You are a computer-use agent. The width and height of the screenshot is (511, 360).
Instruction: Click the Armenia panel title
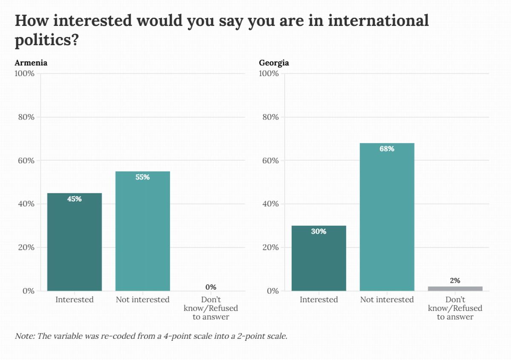click(x=31, y=63)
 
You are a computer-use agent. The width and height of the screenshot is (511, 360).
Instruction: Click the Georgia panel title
click(x=274, y=63)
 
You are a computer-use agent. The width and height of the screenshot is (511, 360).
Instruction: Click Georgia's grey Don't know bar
click(x=455, y=289)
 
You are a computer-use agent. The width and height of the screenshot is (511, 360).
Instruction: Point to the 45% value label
click(x=75, y=199)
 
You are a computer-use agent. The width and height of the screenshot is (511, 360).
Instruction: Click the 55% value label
click(x=143, y=177)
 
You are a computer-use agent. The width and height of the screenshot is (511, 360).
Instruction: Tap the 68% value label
click(x=387, y=149)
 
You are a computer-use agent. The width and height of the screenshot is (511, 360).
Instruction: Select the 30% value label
click(x=319, y=231)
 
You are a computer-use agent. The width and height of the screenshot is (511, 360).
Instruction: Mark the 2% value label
click(x=455, y=280)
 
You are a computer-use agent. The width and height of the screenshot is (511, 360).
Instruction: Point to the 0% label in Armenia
click(x=211, y=287)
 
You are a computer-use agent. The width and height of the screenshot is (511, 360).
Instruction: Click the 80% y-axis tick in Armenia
click(x=26, y=117)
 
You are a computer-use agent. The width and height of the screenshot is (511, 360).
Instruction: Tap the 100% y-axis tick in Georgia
click(x=269, y=74)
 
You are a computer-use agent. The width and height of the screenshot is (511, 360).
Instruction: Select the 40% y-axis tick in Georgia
click(x=270, y=204)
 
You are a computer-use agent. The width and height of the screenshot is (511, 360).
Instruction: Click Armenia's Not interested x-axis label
click(x=143, y=300)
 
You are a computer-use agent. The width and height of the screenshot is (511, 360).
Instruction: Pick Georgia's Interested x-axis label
click(x=319, y=300)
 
